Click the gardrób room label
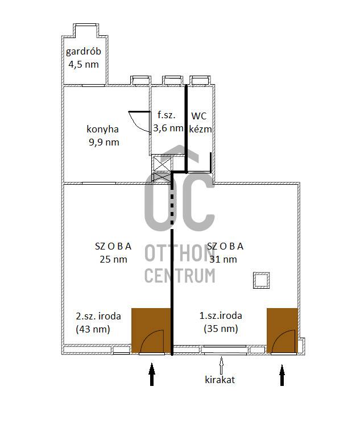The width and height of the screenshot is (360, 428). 83,51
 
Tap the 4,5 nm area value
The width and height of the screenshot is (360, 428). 83,64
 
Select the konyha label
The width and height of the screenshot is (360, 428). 102,129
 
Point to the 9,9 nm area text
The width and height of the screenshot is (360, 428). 104,142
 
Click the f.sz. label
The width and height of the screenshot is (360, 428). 166,115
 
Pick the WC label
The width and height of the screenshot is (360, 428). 199,116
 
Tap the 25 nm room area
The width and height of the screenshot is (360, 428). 113,259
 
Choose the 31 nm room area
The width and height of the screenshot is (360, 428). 223,259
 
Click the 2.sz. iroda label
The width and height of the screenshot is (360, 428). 98,316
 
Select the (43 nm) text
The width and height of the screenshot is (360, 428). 93,329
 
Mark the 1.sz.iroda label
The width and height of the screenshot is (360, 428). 221,315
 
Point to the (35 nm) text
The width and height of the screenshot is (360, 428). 221,329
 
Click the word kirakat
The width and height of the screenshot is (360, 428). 220,380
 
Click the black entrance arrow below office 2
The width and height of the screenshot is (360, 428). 152,374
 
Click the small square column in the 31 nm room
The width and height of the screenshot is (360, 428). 262,280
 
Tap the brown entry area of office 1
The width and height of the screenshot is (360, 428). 282,331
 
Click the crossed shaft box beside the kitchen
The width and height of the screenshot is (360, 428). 162,168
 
